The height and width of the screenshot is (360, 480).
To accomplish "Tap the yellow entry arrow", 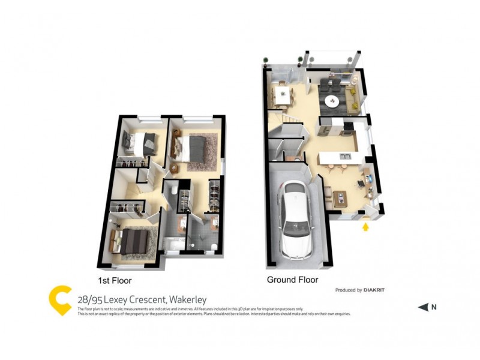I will click(x=365, y=227).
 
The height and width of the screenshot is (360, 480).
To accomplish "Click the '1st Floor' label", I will click(x=115, y=280).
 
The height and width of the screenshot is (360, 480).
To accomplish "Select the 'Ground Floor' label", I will click(x=292, y=280).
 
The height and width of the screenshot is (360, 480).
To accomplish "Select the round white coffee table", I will click(x=331, y=101).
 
